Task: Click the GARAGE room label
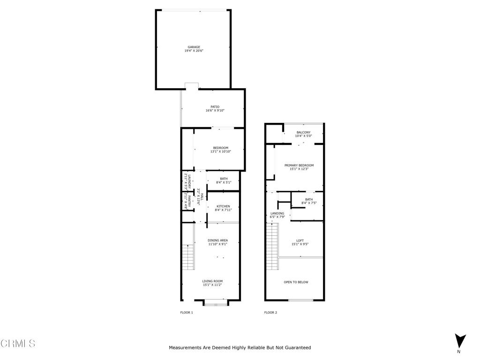pos(194,47)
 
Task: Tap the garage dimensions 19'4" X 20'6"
pos(194,51)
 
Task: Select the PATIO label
pos(215,107)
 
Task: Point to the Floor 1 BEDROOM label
pos(220,148)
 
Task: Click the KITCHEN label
pos(223,206)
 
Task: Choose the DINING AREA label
pos(217,240)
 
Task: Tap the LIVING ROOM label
pos(212,281)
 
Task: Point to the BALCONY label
pos(303,133)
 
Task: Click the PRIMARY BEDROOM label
pos(299,165)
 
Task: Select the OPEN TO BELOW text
pos(296,282)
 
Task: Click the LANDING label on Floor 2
pos(277,213)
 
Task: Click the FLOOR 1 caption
pos(187,313)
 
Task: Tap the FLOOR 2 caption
pos(270,313)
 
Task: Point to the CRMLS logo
pos(18,344)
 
